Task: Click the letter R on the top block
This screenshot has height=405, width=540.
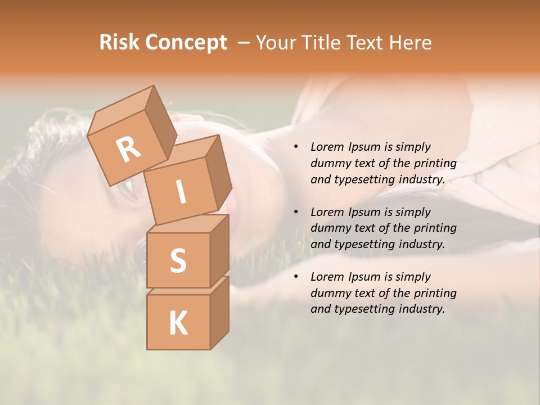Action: click(x=129, y=149)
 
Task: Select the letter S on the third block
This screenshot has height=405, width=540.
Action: click(x=178, y=260)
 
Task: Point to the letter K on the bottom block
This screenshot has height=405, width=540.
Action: click(x=178, y=323)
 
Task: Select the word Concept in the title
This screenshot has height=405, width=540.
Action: click(x=186, y=43)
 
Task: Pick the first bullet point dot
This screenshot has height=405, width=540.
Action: click(x=296, y=147)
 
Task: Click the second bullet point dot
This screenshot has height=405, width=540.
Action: click(x=296, y=213)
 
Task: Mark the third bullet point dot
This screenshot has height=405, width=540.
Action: click(x=296, y=277)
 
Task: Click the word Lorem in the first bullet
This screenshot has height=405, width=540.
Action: click(x=327, y=147)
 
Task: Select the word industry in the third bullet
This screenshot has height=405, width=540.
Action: click(x=421, y=309)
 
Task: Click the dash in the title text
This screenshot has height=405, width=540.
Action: click(x=244, y=43)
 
